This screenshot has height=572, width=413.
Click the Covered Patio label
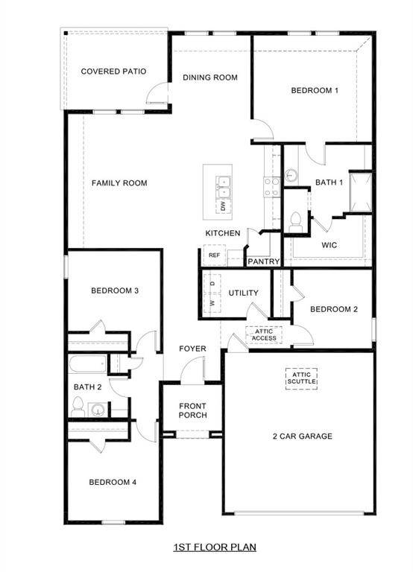point(113,71)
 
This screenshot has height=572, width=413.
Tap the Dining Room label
point(210,77)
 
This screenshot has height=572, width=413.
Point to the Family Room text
point(119,183)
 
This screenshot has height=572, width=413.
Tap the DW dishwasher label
point(222,204)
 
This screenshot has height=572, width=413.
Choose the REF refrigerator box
point(214,255)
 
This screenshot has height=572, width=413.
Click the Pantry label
point(263,261)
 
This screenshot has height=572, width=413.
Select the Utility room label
point(244,293)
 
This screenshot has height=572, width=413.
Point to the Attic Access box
point(264,334)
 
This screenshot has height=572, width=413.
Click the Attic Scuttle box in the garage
point(302,378)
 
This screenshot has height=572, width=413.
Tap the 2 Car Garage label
point(302,436)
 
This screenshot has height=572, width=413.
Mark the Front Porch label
point(192,410)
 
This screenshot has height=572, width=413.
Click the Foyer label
point(192,349)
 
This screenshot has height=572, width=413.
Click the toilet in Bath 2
point(78,406)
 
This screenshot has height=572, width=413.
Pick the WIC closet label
point(330,244)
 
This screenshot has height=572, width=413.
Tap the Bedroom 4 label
point(113,482)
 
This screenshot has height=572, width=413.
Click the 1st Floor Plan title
point(215,547)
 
